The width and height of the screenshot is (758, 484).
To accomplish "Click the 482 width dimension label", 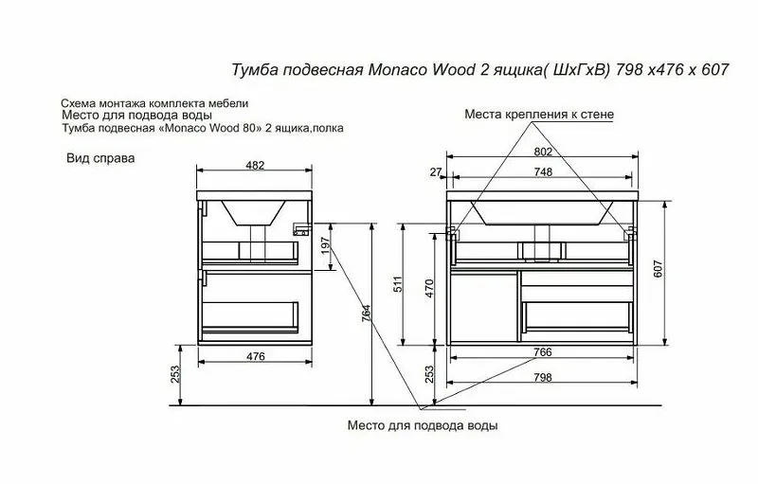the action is tap(255, 165).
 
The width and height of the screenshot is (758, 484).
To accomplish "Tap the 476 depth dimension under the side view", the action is tap(255, 356).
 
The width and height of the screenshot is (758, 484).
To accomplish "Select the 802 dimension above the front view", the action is tap(543, 152).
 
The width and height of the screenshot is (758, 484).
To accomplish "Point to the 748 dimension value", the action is tap(543, 172).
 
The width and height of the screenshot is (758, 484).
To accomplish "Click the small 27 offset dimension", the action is tap(436, 172).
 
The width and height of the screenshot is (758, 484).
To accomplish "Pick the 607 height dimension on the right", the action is tap(659, 269).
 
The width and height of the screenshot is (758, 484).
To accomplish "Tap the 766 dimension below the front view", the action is tap(542, 352).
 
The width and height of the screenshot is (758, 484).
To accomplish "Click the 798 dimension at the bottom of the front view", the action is tap(542, 377).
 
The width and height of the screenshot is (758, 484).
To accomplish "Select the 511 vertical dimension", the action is tap(397, 285).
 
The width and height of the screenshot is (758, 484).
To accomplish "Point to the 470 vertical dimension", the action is tap(429, 288).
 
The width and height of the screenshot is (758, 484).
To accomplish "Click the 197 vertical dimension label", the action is tap(326, 245).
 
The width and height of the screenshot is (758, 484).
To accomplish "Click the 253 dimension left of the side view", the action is tap(175, 374).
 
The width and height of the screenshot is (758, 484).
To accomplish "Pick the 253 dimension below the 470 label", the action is tap(429, 374).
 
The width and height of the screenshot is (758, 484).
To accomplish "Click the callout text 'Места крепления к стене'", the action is tap(539, 115).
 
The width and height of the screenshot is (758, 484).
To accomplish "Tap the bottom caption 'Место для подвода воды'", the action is tap(423, 425).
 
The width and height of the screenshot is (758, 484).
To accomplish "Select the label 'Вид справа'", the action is tap(100, 158).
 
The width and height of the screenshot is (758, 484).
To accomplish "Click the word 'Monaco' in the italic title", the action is tap(397, 70).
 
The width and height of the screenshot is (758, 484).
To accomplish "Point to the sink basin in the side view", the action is tap(253, 213).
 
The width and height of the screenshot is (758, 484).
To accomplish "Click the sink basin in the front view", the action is tap(543, 213).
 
